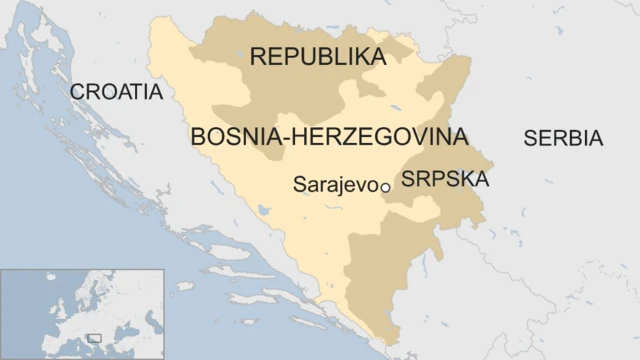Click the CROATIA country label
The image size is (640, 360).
pyautogui.click(x=116, y=92)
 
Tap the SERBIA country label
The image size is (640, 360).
pyautogui.click(x=563, y=139)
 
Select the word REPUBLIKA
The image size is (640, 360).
pyautogui.click(x=317, y=57)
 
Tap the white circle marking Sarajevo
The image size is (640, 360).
pyautogui.click(x=385, y=186)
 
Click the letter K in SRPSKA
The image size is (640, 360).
pyautogui.click(x=464, y=180)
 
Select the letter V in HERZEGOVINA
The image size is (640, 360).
pyautogui.click(x=407, y=136)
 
